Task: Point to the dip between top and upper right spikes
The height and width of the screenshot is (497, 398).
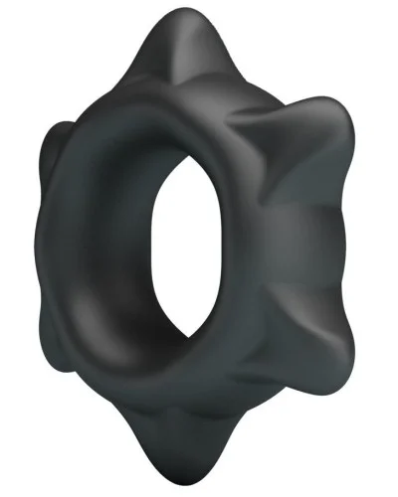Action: tap(274, 84)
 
